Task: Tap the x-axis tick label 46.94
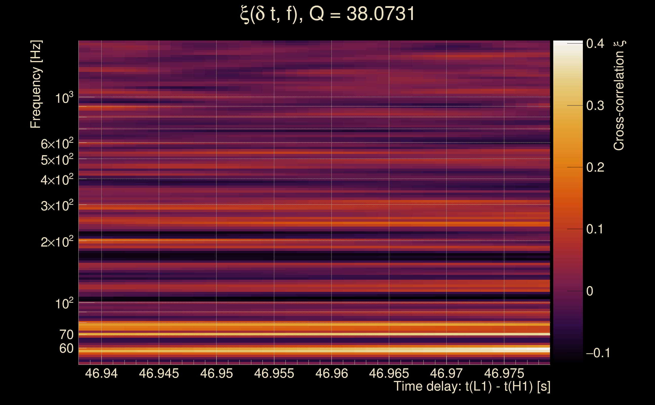point(101,373)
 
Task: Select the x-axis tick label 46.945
point(159,373)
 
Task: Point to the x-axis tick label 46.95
point(216,373)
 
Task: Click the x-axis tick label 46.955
point(274,373)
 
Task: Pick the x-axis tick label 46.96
point(332,373)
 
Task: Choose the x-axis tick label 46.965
point(389,373)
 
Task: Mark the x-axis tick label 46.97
point(446,373)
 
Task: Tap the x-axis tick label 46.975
point(504,373)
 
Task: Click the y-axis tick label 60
point(66,349)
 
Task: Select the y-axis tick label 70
point(66,335)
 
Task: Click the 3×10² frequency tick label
point(57,206)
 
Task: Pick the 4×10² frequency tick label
point(57,180)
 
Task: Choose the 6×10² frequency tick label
point(57,144)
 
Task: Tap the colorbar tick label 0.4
point(595,43)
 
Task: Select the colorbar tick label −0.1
point(598,353)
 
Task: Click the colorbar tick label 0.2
point(595,167)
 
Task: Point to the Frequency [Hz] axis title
point(36,84)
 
